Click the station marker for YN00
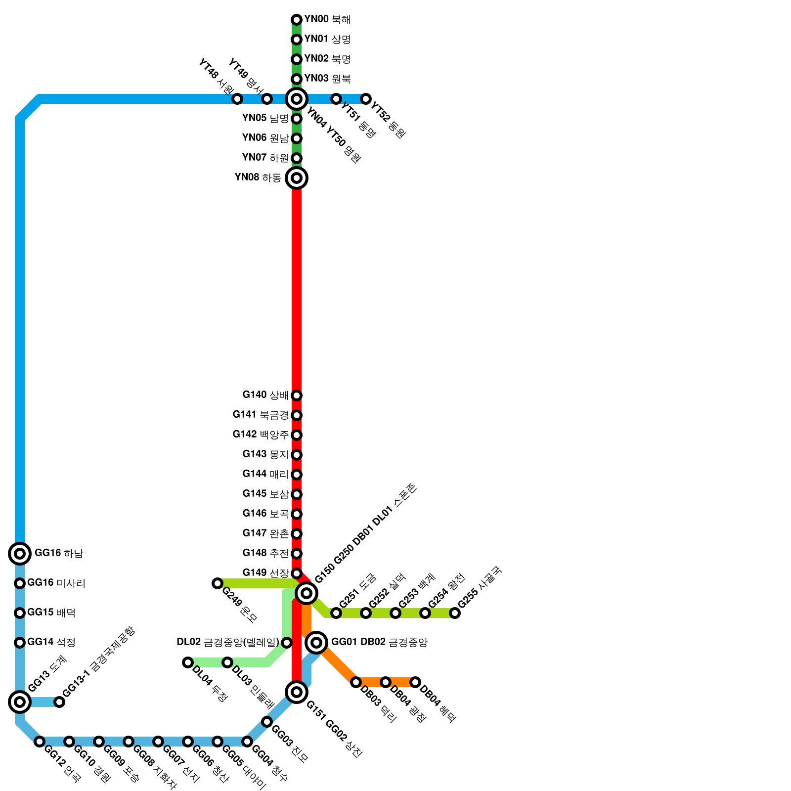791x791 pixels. click(x=297, y=20)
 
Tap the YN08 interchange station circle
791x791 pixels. click(x=297, y=178)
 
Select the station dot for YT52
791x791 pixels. click(x=366, y=99)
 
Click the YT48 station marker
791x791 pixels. click(x=237, y=99)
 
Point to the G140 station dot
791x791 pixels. click(x=297, y=395)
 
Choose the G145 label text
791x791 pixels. click(x=265, y=494)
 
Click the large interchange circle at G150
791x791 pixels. click(x=307, y=593)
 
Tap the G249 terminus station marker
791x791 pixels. click(x=217, y=583)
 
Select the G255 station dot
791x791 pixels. click(x=455, y=613)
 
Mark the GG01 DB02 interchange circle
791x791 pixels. click(x=316, y=643)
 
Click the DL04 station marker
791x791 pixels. click(x=187, y=662)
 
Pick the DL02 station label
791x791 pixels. click(x=228, y=642)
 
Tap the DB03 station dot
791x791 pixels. click(x=356, y=682)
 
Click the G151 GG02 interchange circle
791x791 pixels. click(x=297, y=692)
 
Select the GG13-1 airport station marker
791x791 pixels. click(x=59, y=702)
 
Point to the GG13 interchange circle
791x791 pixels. click(x=20, y=701)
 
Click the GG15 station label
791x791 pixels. click(x=51, y=613)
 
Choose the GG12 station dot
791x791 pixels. click(x=40, y=742)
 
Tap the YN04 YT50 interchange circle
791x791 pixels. click(x=297, y=99)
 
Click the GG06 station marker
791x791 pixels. click(x=188, y=742)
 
